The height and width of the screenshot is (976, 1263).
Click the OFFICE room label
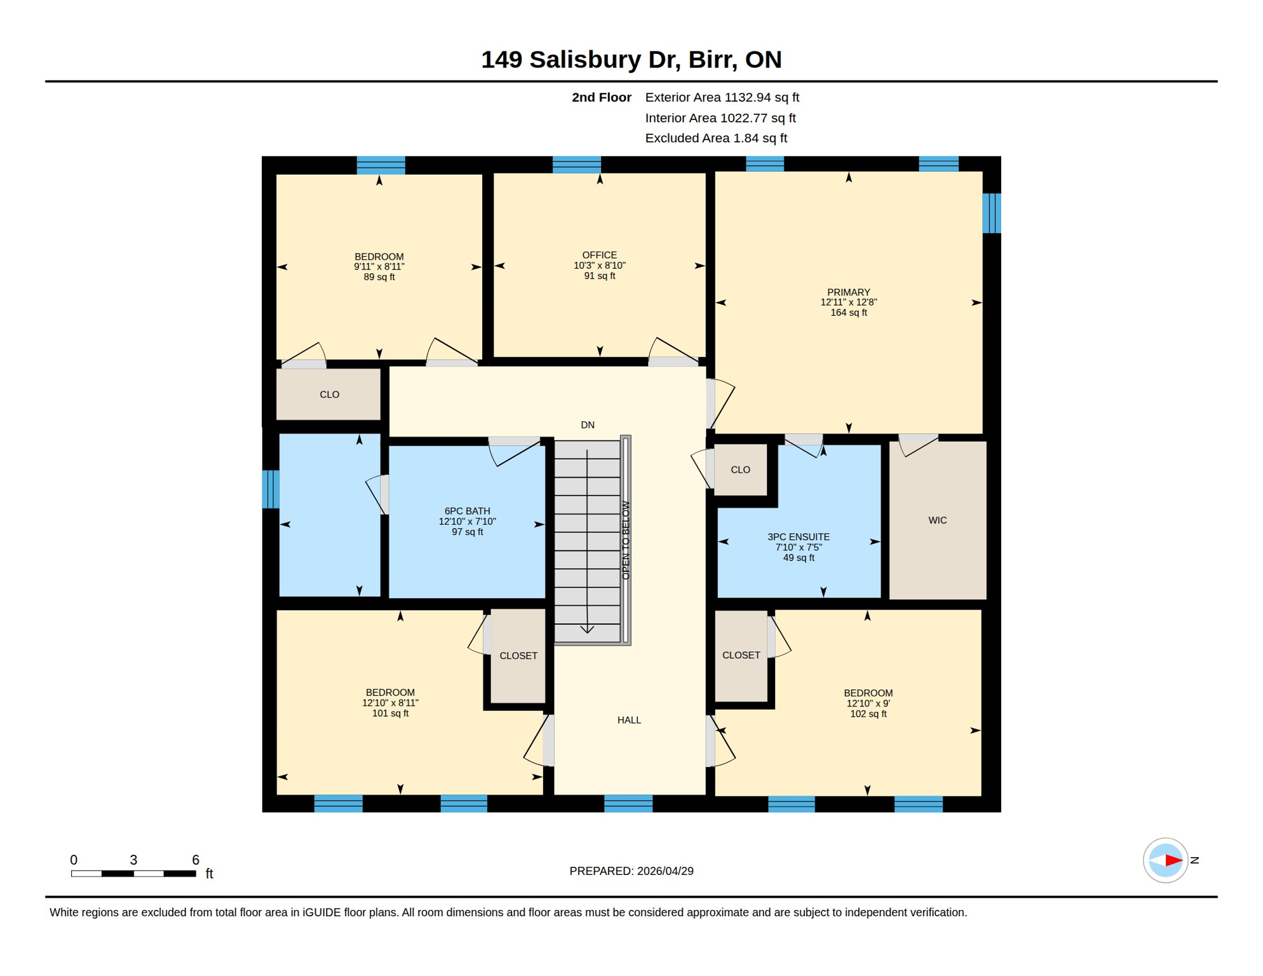point(599,255)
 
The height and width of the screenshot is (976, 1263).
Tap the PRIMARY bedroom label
point(848,292)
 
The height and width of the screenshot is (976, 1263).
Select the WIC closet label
point(937,520)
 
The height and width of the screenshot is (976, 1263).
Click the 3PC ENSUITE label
point(798,537)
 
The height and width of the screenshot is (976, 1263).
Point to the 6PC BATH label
point(467,511)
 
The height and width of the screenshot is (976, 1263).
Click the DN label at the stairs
point(587,425)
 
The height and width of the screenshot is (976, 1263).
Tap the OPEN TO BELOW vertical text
point(626,540)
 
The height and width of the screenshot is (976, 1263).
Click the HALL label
point(629,720)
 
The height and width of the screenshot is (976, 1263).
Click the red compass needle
point(1173,860)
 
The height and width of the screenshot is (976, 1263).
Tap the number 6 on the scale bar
point(196,860)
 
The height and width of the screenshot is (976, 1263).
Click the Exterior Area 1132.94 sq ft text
point(722,97)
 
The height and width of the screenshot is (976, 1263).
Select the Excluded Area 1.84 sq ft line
point(715,138)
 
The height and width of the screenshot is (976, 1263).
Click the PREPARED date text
point(631,871)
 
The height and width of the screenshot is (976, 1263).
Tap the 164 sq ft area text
point(848,313)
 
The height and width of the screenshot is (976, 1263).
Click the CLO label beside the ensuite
point(740,470)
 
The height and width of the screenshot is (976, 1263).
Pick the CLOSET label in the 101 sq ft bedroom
point(518,656)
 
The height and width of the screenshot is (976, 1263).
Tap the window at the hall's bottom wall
point(628,804)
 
